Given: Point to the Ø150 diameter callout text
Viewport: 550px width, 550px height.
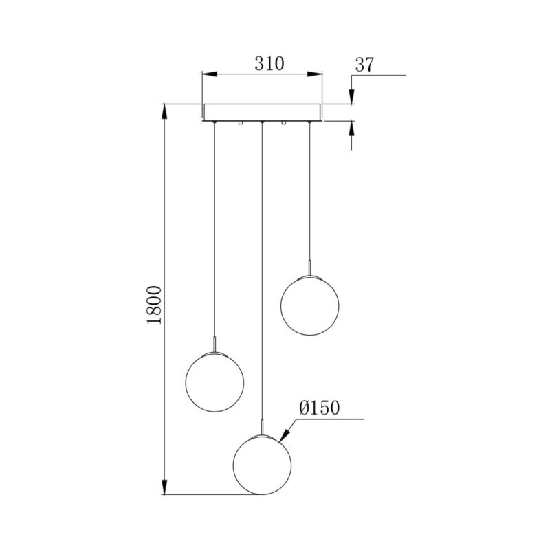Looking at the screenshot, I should tap(320, 408).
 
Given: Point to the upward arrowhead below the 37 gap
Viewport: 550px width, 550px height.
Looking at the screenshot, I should tap(351, 127).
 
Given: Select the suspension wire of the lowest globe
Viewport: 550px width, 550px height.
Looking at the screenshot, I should tap(262, 275).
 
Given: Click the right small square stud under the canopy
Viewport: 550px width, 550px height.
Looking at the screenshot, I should tap(283, 123).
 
